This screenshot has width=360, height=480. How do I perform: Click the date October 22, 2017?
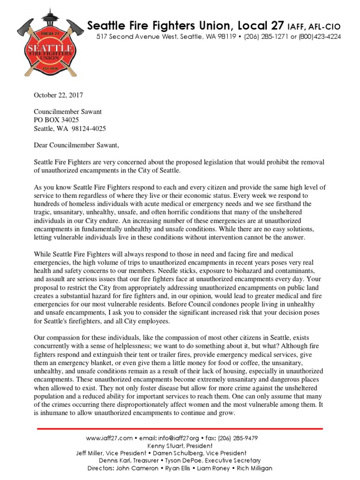point(58,95)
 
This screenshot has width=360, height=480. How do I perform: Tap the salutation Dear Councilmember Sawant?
point(77,145)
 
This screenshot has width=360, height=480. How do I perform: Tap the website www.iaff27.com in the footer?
point(109,438)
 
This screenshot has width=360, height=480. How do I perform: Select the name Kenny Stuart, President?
point(180,446)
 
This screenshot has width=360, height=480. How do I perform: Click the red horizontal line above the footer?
point(180,429)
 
